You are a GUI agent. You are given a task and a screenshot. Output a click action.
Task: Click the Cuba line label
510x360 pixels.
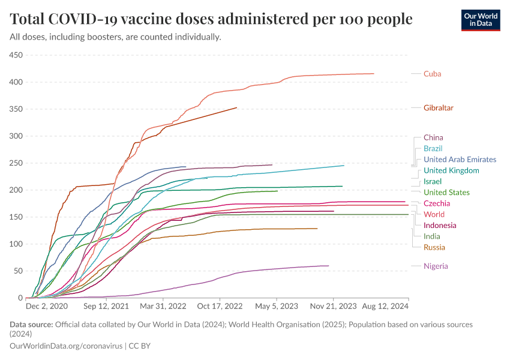click(x=432, y=74)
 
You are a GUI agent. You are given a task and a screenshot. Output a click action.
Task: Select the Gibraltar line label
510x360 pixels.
click(x=438, y=108)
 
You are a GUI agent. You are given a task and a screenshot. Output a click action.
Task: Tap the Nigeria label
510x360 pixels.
click(x=435, y=266)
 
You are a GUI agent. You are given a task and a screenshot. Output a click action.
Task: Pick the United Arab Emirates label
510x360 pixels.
click(x=460, y=160)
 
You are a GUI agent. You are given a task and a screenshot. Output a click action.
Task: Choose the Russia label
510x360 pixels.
click(x=434, y=247)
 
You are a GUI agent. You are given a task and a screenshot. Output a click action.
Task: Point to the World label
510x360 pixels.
click(x=434, y=214)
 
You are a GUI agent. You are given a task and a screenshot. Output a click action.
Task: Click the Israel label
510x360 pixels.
click(x=433, y=181)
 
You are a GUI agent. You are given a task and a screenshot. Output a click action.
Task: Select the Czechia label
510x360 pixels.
click(x=437, y=203)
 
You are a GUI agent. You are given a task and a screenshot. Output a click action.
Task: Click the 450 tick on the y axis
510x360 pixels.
click(x=15, y=55)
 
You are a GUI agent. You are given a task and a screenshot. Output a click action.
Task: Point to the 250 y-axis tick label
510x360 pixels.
click(x=15, y=163)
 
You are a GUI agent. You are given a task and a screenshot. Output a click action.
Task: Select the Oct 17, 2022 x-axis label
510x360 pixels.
click(x=221, y=306)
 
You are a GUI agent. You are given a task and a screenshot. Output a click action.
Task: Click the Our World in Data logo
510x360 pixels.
click(x=481, y=20)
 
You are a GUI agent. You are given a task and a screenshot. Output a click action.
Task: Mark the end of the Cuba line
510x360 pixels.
click(x=374, y=74)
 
